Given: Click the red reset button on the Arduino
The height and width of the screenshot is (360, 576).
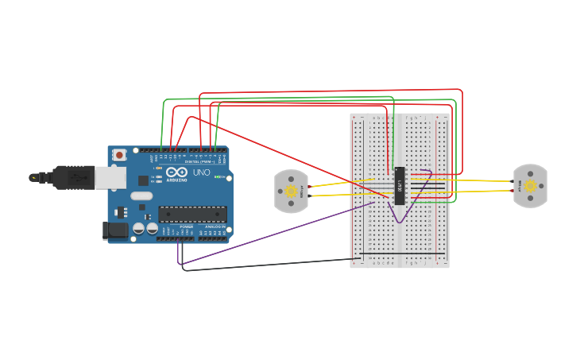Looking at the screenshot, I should click(119, 155).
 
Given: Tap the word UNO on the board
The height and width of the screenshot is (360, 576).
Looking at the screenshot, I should click(201, 172).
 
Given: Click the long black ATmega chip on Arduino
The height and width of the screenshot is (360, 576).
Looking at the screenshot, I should click(192, 214).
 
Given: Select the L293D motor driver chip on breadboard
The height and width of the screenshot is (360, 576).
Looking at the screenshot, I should click(400, 186).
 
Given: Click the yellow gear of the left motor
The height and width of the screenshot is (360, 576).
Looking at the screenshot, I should click(291, 191).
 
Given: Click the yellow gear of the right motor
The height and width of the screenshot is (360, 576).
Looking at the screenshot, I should click(530, 186).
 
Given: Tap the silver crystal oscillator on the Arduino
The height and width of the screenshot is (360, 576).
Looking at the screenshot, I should click(141, 195).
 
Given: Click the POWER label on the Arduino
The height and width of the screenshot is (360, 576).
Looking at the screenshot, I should click(186, 226).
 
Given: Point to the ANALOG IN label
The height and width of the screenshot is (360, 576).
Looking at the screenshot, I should click(215, 226).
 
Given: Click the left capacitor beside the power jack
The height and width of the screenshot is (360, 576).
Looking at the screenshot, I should click(139, 228).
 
